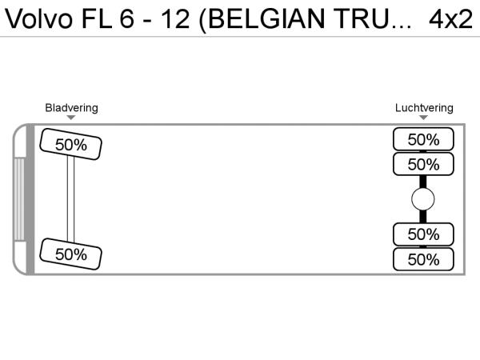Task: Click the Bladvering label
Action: pyautogui.click(x=71, y=108)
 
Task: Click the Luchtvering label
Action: pyautogui.click(x=424, y=108)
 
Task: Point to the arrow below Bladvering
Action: pyautogui.click(x=71, y=118)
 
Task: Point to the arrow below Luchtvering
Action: pyautogui.click(x=424, y=118)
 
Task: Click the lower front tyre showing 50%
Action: pyautogui.click(x=70, y=254)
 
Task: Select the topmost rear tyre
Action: pyautogui.click(x=423, y=139)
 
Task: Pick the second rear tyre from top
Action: pyautogui.click(x=423, y=165)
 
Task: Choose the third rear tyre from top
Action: pyautogui.click(x=423, y=234)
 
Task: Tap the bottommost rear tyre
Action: pyautogui.click(x=423, y=259)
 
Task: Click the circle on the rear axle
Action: pyautogui.click(x=423, y=199)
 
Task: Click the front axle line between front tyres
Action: pyautogui.click(x=70, y=199)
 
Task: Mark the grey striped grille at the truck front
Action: pyautogui.click(x=19, y=199)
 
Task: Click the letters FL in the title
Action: pyautogui.click(x=99, y=19)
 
